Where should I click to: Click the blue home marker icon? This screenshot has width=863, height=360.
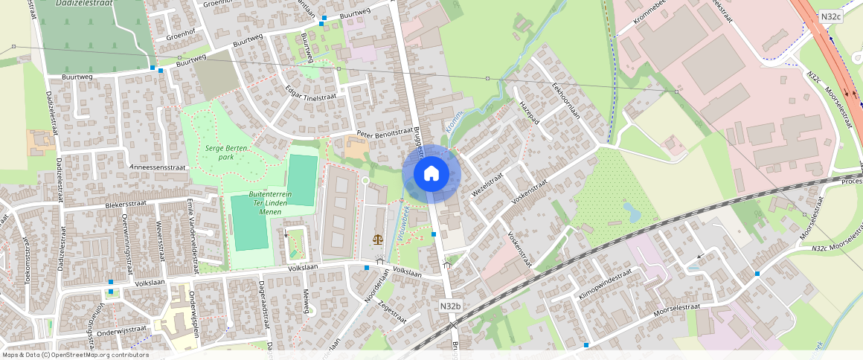click(431, 174)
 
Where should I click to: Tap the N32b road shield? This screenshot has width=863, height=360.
click(450, 306)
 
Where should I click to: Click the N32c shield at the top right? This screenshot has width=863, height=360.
click(831, 16)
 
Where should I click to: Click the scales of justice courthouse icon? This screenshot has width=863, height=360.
click(379, 240)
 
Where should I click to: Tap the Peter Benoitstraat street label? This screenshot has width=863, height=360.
click(384, 132)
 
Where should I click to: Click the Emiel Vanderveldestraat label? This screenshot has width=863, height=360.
click(192, 226)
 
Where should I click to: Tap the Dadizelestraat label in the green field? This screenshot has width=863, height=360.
click(83, 4)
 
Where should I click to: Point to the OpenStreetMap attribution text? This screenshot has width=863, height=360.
click(74, 355)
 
